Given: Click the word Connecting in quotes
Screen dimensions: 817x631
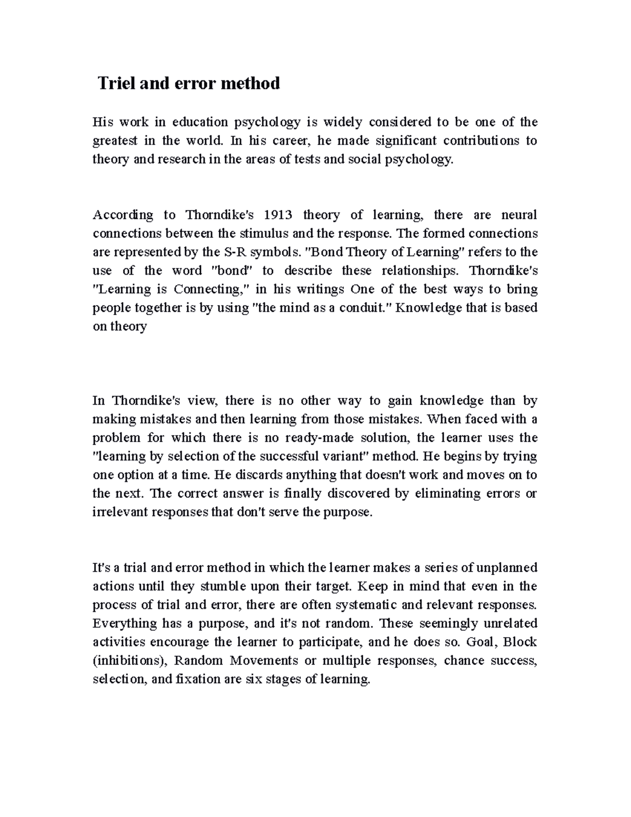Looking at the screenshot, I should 208,289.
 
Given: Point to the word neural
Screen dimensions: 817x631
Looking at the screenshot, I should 519,215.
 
